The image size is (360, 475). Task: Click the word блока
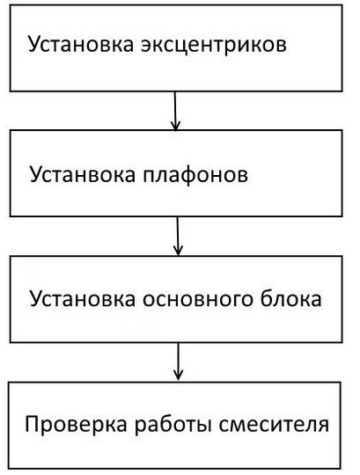click(293, 299)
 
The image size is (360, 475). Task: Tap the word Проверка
click(67, 426)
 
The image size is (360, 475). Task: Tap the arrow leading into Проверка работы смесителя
click(180, 360)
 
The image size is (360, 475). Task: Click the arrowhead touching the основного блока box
click(179, 251)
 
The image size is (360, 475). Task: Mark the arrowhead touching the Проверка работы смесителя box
click(180, 376)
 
